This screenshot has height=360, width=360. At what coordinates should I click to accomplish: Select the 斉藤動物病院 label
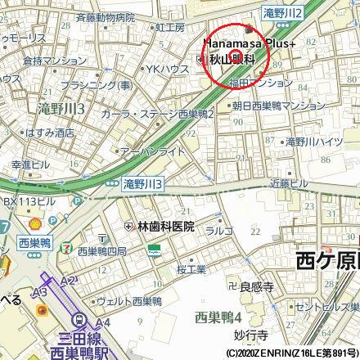104,16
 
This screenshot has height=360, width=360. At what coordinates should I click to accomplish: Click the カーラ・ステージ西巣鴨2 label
157,115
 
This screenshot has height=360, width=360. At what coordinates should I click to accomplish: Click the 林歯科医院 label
160,227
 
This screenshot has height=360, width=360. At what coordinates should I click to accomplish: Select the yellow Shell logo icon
34,223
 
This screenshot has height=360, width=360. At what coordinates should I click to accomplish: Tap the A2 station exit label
67,281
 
